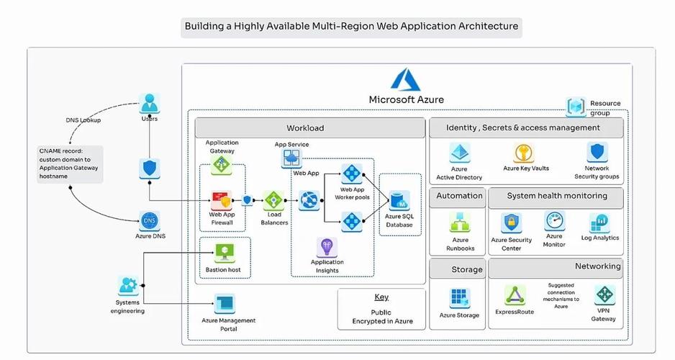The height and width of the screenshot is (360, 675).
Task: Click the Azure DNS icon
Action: pos(150,221)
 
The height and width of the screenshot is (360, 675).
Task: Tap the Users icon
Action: pos(150,102)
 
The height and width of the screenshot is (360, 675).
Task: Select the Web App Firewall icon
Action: pos(220,199)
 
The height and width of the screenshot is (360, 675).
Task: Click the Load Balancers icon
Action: pos(273,200)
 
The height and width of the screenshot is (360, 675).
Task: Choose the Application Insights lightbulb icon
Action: pos(327,247)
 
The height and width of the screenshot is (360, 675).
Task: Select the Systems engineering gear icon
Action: pos(129,286)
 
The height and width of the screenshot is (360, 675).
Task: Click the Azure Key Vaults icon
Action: pos(525,153)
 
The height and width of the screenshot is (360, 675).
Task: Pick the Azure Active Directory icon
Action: pos(459,153)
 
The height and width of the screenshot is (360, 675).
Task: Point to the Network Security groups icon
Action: pos(597,153)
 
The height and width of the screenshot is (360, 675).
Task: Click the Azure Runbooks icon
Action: pos(460,222)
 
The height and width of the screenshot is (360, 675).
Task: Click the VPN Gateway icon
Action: pos(604,295)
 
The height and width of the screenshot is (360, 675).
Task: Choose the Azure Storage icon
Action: pos(459,298)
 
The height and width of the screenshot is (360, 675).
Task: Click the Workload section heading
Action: pos(305,128)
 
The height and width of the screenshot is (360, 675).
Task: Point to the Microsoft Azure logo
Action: pos(406,79)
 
